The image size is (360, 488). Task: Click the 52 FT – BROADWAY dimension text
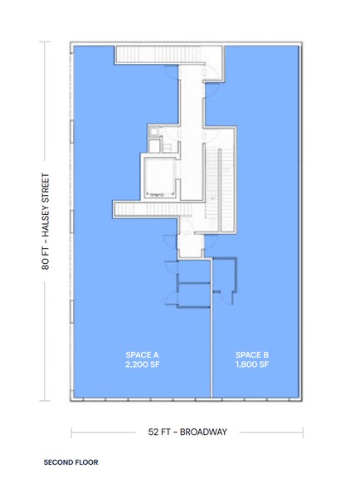tap(187, 432)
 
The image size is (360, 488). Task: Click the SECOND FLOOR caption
tap(71, 460)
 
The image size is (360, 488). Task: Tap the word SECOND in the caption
tap(59, 460)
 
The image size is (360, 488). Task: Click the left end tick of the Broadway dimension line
tap(72, 432)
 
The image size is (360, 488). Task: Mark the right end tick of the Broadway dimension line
tap(303, 432)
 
